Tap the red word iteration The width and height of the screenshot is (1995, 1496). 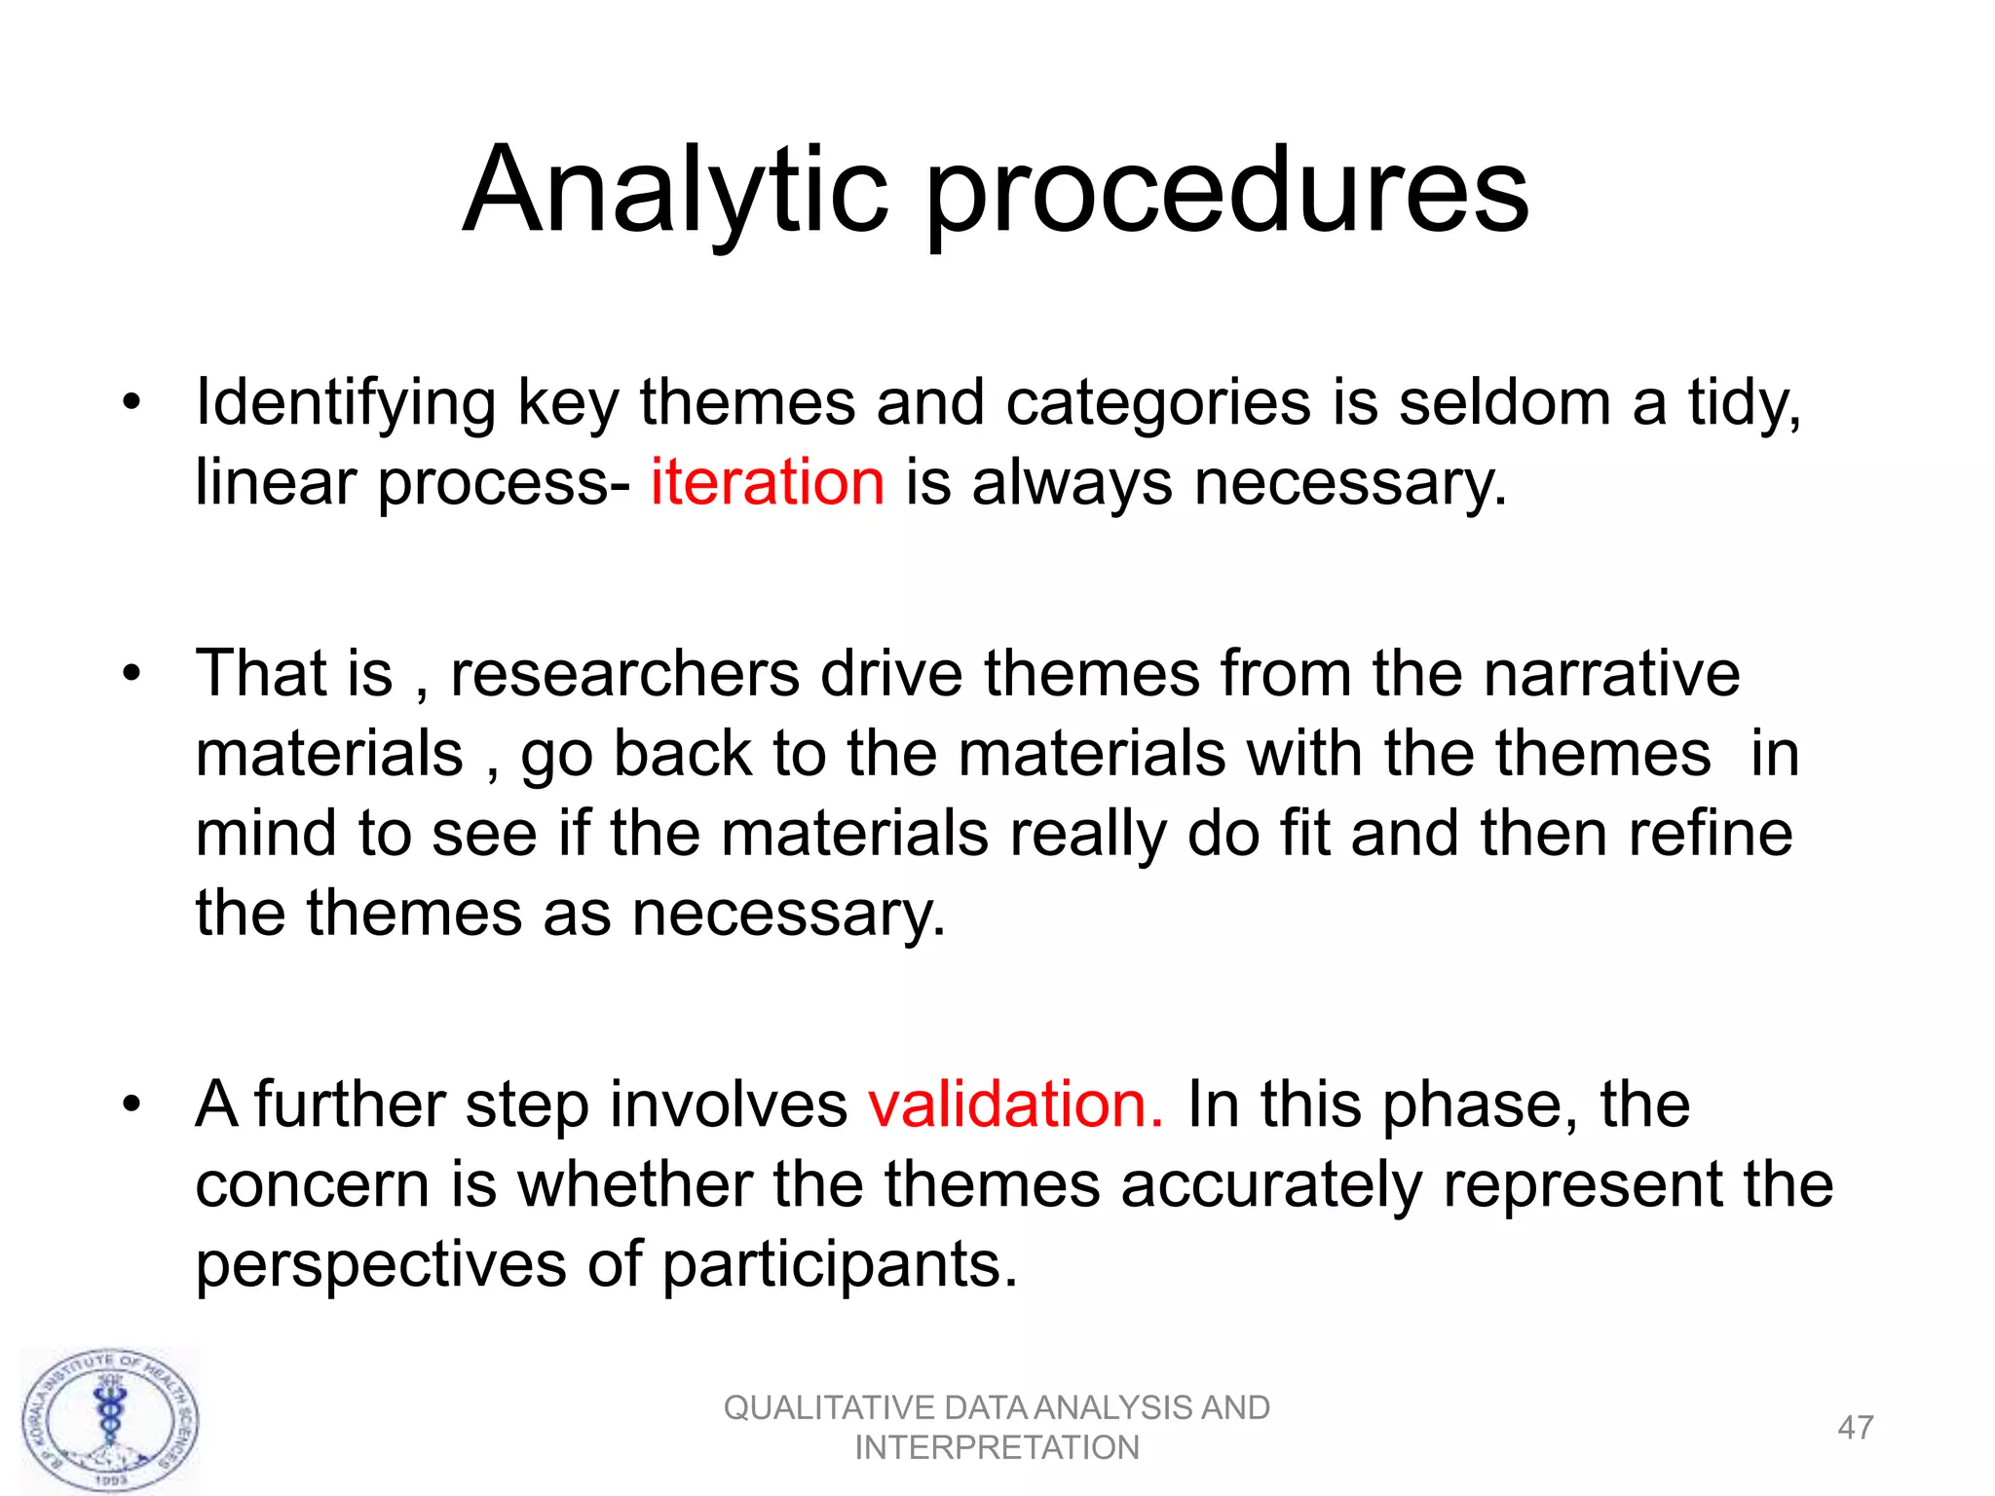(768, 482)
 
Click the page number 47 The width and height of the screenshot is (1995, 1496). (1855, 1428)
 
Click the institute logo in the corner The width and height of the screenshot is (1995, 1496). (110, 1421)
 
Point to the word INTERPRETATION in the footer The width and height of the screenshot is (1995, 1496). (997, 1448)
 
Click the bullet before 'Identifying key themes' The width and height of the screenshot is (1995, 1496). (132, 402)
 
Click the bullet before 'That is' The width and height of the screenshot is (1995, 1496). (132, 673)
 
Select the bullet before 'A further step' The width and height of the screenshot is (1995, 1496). (132, 1104)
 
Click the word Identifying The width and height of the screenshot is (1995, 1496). (345, 404)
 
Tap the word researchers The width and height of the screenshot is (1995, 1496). (623, 673)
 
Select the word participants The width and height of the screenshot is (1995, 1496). (840, 1266)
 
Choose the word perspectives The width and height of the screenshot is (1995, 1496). (381, 1266)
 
